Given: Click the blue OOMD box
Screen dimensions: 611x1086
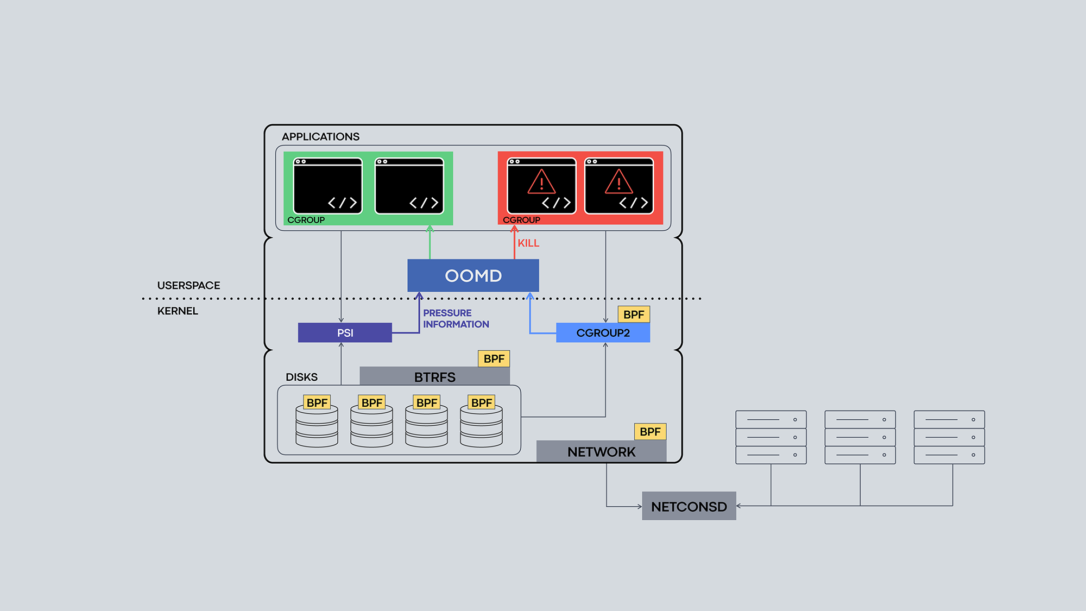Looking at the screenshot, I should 473,275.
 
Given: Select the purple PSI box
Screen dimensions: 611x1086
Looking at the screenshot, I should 345,332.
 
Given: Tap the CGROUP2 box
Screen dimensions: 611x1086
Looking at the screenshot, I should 603,332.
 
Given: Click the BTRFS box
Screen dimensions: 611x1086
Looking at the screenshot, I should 434,376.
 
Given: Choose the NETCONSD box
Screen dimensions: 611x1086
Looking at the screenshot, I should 689,506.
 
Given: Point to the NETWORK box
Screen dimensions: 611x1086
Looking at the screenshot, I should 601,451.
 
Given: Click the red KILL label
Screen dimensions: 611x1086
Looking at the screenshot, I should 528,243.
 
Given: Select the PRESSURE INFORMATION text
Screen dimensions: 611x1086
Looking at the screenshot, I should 456,319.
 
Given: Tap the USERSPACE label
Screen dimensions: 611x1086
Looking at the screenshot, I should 188,286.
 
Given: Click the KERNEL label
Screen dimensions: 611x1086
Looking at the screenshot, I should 178,311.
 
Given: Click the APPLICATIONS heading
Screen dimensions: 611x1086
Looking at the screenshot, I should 320,137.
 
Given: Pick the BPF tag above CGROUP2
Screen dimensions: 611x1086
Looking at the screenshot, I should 634,314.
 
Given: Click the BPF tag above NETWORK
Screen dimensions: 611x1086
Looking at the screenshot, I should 650,432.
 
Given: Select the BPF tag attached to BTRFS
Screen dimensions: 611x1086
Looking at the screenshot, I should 494,358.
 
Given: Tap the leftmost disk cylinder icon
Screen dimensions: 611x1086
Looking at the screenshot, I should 317,427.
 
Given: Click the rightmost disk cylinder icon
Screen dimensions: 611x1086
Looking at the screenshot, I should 481,427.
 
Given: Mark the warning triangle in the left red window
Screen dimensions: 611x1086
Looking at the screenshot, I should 541,182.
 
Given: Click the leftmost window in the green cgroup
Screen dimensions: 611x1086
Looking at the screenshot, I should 327,186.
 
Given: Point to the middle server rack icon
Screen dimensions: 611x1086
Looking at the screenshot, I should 860,437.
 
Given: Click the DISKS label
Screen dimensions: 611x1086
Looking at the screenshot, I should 301,377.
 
